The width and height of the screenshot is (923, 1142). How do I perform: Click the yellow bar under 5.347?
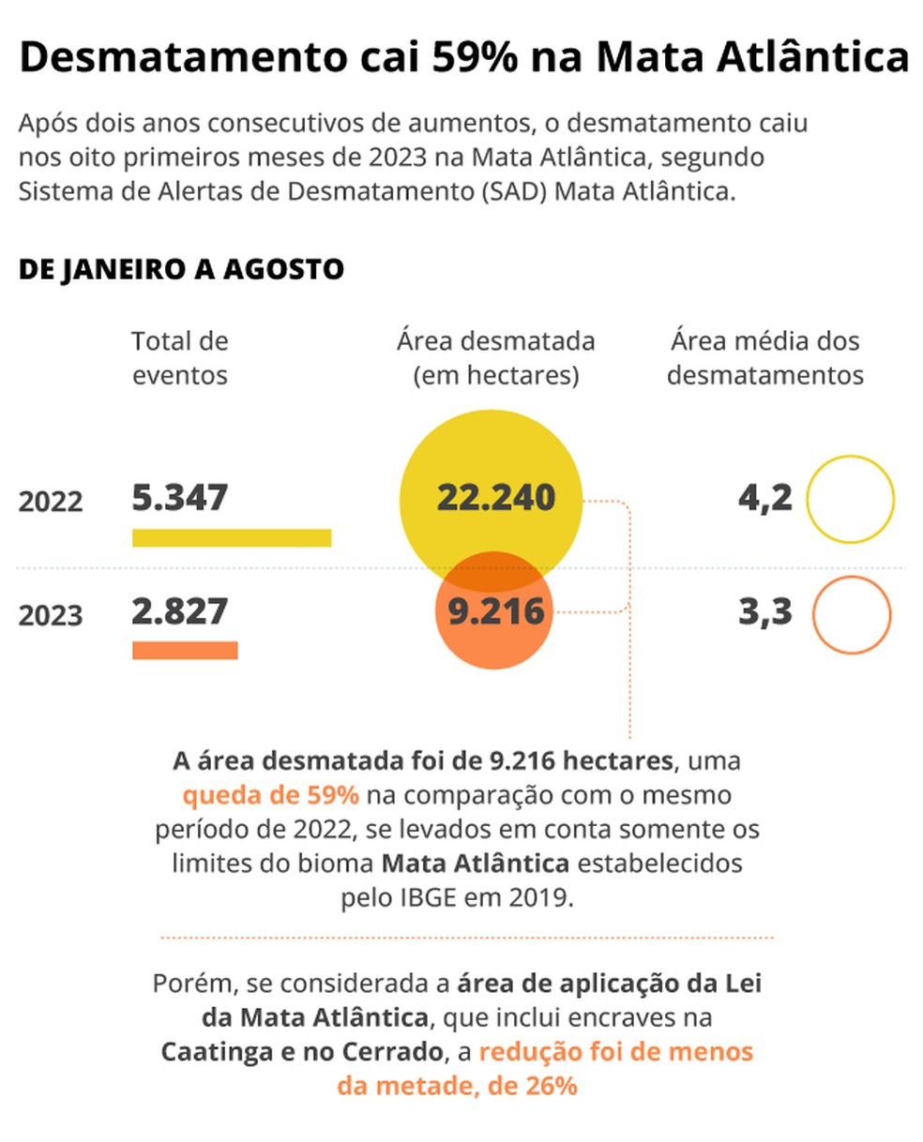click(x=231, y=537)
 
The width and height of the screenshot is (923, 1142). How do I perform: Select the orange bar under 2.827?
click(x=185, y=650)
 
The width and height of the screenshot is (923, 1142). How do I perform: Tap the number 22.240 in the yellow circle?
click(x=495, y=498)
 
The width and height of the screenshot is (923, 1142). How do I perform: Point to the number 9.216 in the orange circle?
click(x=495, y=612)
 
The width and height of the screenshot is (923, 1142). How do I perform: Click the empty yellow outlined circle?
click(x=851, y=499)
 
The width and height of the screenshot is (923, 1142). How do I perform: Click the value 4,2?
click(x=764, y=498)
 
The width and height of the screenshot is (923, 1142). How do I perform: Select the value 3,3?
click(x=764, y=612)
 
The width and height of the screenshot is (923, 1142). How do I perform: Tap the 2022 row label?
click(x=51, y=501)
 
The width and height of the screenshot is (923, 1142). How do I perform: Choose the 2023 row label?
click(x=51, y=616)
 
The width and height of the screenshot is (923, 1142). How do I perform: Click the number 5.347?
click(x=179, y=498)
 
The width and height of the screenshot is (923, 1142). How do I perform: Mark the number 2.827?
click(x=179, y=612)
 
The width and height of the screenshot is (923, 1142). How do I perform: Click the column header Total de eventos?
click(x=179, y=358)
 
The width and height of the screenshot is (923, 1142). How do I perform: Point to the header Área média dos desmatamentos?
click(x=764, y=358)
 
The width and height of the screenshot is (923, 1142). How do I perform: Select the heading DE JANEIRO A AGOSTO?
click(x=181, y=270)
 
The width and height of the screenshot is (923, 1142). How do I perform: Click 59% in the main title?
click(x=475, y=58)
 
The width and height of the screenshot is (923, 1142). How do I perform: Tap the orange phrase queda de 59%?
click(x=271, y=796)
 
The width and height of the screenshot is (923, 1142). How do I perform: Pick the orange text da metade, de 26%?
click(x=457, y=1087)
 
